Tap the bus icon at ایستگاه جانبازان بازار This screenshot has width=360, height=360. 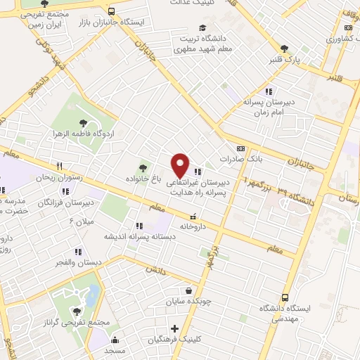112,11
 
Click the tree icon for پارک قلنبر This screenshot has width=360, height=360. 284,49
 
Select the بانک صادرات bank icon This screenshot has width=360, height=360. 242,149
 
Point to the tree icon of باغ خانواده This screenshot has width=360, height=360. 143,167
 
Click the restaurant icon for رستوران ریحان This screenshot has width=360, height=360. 60,167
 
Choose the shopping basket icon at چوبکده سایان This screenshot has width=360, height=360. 188,290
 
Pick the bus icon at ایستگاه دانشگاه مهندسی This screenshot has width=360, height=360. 285,297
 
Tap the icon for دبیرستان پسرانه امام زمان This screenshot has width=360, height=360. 267,91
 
